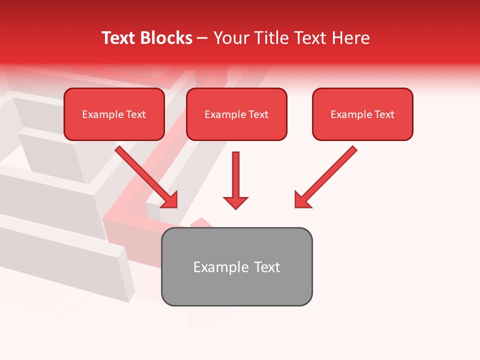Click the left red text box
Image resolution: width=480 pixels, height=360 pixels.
[114, 114]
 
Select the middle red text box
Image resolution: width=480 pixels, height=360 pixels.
[236, 114]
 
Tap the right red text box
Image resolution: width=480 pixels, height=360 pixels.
[362, 114]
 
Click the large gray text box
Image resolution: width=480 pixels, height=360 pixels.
[236, 266]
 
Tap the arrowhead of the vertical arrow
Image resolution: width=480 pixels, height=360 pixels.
[235, 202]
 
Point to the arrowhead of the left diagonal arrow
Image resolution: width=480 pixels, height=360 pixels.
[170, 200]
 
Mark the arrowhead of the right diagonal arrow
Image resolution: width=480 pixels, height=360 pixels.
[302, 200]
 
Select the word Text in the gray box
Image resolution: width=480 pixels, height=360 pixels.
[266, 267]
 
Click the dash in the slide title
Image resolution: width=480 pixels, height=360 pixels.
[202, 38]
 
